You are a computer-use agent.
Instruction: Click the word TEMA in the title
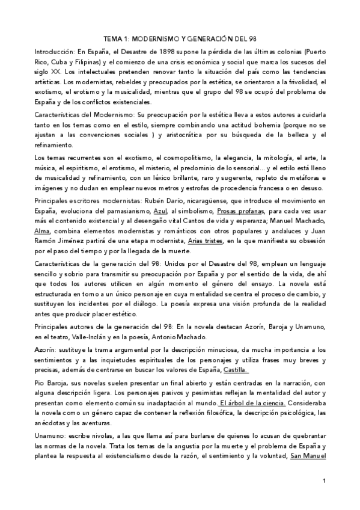click(114, 37)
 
